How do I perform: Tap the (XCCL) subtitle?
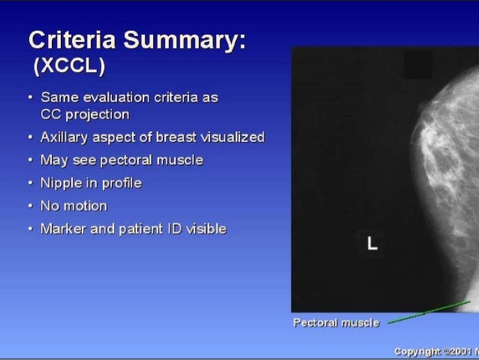pos(68,67)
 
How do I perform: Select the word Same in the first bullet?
pos(58,98)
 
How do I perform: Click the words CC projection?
pos(85,114)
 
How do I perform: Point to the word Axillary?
pos(65,138)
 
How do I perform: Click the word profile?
pos(122,183)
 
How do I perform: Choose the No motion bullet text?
pos(74,206)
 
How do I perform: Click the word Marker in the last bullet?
pos(63,228)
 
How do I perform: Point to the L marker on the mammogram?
pos(372,244)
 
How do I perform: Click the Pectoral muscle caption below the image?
pos(336,323)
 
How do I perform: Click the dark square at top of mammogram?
pos(418,65)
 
